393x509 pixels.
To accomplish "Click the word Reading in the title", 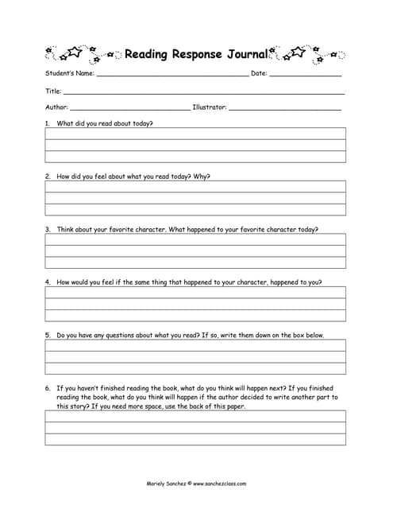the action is point(144,54).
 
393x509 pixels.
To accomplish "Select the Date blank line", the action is point(306,75).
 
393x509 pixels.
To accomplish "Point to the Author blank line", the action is point(130,108).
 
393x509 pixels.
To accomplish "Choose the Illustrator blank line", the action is point(285,108).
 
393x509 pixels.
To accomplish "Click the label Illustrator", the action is point(209,107).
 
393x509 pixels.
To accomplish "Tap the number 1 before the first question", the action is point(48,124).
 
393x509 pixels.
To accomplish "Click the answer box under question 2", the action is point(195,198).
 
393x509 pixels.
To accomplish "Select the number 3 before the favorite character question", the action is point(48,229).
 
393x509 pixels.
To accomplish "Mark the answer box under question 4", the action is point(195,304).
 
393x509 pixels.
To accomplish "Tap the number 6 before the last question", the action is point(48,388).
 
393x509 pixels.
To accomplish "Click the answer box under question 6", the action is point(195,427).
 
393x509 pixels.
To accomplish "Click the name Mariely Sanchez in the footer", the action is point(166,483).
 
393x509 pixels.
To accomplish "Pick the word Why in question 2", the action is point(202,177).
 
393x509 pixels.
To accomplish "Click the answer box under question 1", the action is point(195,145).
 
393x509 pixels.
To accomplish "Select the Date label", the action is point(258,73).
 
